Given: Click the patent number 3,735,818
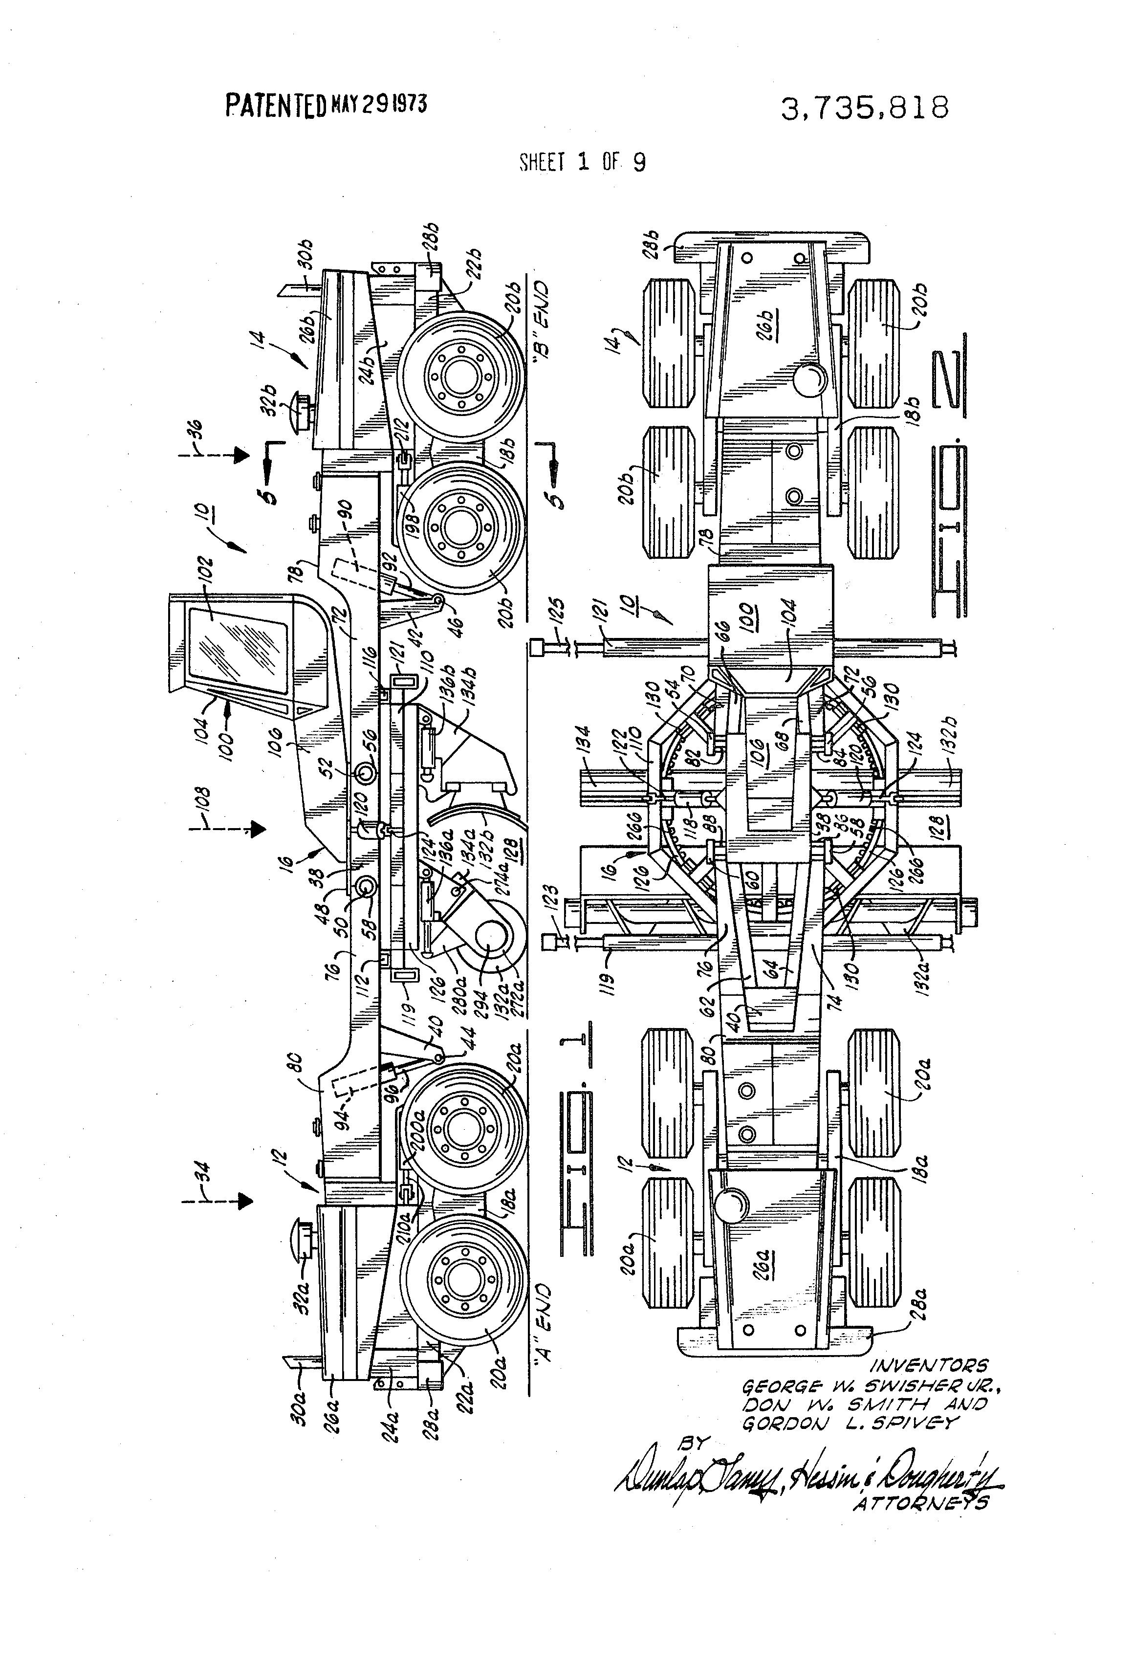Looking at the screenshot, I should [865, 108].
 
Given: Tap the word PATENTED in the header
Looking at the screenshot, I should [276, 106].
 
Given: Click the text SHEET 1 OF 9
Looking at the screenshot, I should [582, 163].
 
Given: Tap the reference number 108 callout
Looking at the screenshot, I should [202, 807].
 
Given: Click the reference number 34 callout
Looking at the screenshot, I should [202, 1177].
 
